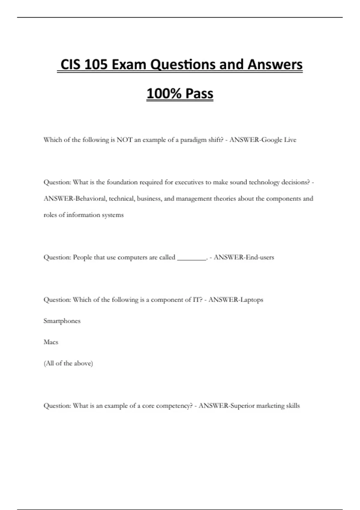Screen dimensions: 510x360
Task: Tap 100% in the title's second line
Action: tap(164, 94)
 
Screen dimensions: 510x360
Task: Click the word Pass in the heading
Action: tap(199, 94)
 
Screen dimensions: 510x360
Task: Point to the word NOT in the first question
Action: tap(124, 140)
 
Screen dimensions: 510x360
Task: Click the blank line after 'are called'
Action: tap(191, 257)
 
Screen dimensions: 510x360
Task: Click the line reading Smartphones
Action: tap(62, 321)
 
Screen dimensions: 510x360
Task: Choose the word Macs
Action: tap(51, 342)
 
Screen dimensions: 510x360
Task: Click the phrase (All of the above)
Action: tap(68, 363)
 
